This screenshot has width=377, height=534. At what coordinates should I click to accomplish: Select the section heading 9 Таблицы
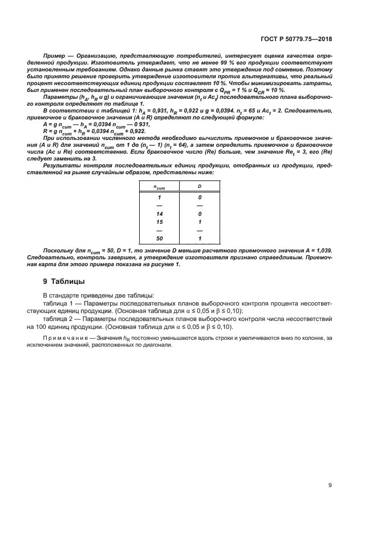(x=66, y=282)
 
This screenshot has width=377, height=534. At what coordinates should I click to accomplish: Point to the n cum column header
(x=160, y=187)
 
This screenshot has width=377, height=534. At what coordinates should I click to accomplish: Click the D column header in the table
(x=200, y=187)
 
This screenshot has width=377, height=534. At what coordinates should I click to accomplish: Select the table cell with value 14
(x=160, y=214)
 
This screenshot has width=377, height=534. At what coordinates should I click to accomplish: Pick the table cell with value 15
(x=160, y=222)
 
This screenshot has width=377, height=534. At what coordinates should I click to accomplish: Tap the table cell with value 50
(x=160, y=238)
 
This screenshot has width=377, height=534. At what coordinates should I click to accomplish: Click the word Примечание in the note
(x=64, y=339)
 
